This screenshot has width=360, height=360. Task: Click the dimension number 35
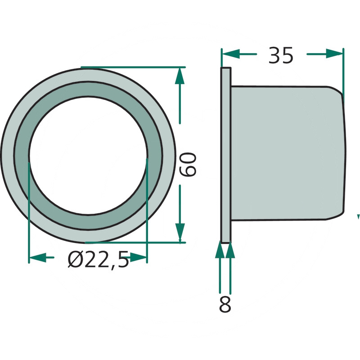281,55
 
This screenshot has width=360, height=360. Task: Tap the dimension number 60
188,164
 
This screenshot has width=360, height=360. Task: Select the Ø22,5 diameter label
98,260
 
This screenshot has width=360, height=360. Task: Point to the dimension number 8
225,304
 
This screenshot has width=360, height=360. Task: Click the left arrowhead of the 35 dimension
231,54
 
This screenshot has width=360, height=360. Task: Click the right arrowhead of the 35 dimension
334,54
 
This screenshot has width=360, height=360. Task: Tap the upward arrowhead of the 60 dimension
180,76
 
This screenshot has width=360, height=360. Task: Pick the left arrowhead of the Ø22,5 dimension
38,257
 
